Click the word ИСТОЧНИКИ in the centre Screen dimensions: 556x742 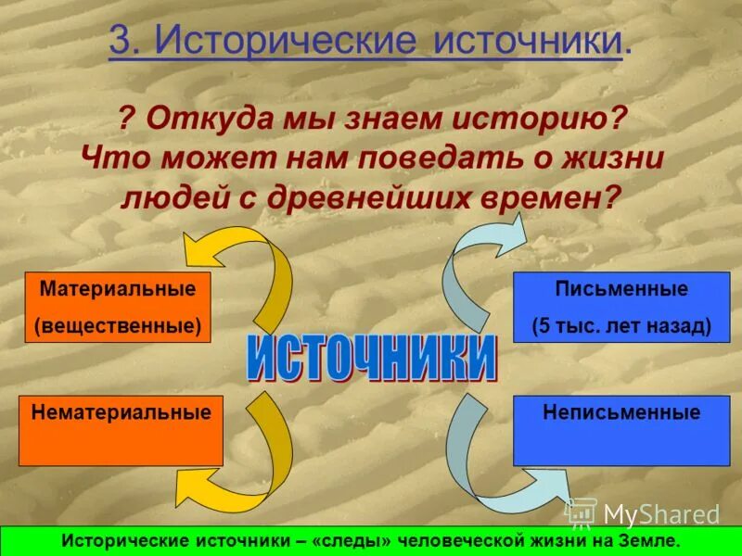371,359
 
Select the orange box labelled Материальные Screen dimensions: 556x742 118,307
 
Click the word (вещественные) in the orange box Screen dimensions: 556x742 118,326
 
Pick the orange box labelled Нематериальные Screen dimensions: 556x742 121,429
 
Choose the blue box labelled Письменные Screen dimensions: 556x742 621,307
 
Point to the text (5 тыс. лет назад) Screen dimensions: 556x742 621,326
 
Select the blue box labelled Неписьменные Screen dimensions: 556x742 621,429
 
